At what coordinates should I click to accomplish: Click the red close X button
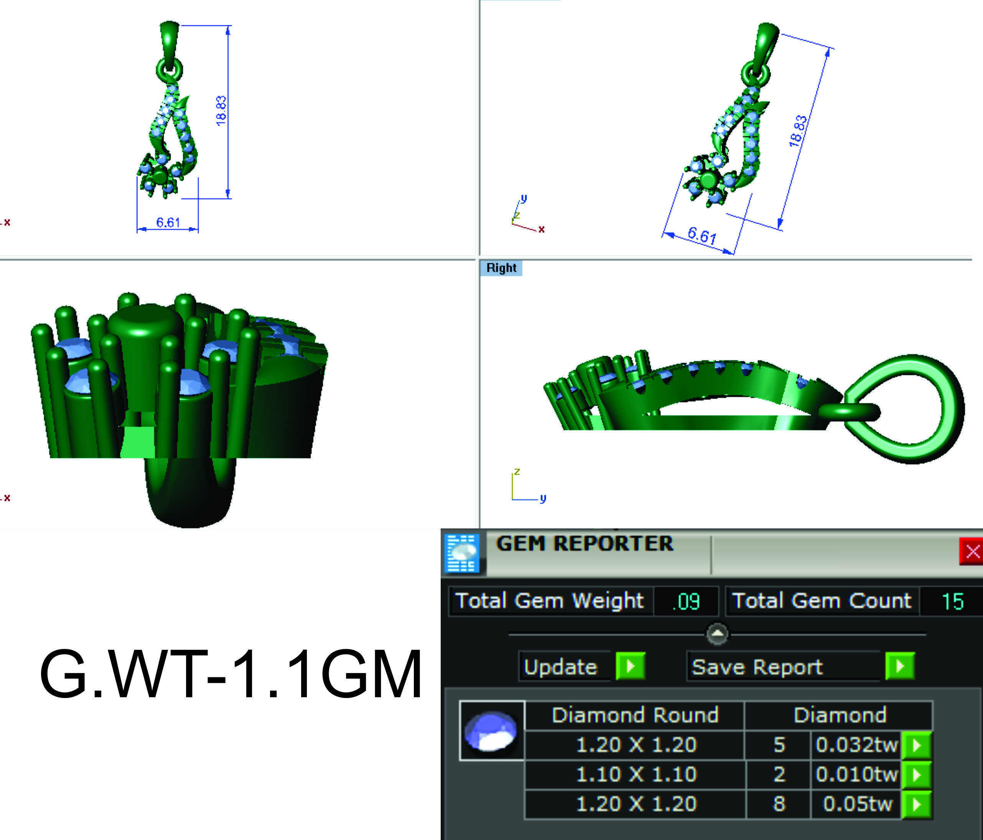click(x=971, y=551)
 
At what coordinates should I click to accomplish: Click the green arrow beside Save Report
click(x=899, y=666)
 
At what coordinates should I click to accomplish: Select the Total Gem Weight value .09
click(x=686, y=601)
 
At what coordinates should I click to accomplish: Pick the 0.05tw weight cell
click(x=857, y=804)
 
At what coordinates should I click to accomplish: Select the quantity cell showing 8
click(x=779, y=804)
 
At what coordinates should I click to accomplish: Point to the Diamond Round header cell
click(x=635, y=715)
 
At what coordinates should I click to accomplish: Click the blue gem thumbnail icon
click(x=492, y=731)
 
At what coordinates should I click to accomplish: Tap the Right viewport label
click(x=501, y=268)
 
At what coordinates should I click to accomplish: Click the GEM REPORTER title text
click(x=584, y=544)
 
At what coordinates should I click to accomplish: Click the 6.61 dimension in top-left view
click(x=168, y=223)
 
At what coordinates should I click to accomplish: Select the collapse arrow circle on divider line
click(x=717, y=634)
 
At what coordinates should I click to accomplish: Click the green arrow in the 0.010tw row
click(x=917, y=774)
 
